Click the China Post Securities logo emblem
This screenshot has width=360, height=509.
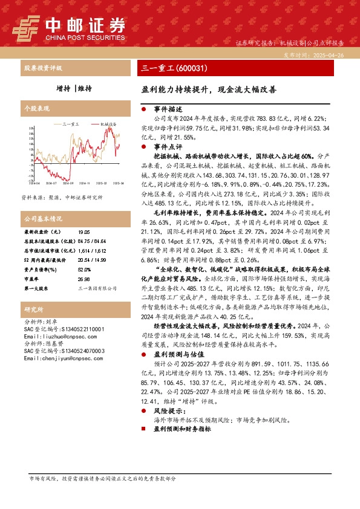tap(26, 27)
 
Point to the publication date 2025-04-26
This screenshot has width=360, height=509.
tap(327, 54)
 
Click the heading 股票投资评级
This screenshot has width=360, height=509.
tap(42, 68)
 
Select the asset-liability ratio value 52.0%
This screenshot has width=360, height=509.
tap(84, 270)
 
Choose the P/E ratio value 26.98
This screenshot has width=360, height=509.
tap(84, 279)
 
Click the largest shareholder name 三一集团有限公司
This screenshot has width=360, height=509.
tap(97, 289)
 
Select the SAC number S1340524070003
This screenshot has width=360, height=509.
tap(64, 351)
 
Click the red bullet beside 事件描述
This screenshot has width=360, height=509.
tap(143, 109)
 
